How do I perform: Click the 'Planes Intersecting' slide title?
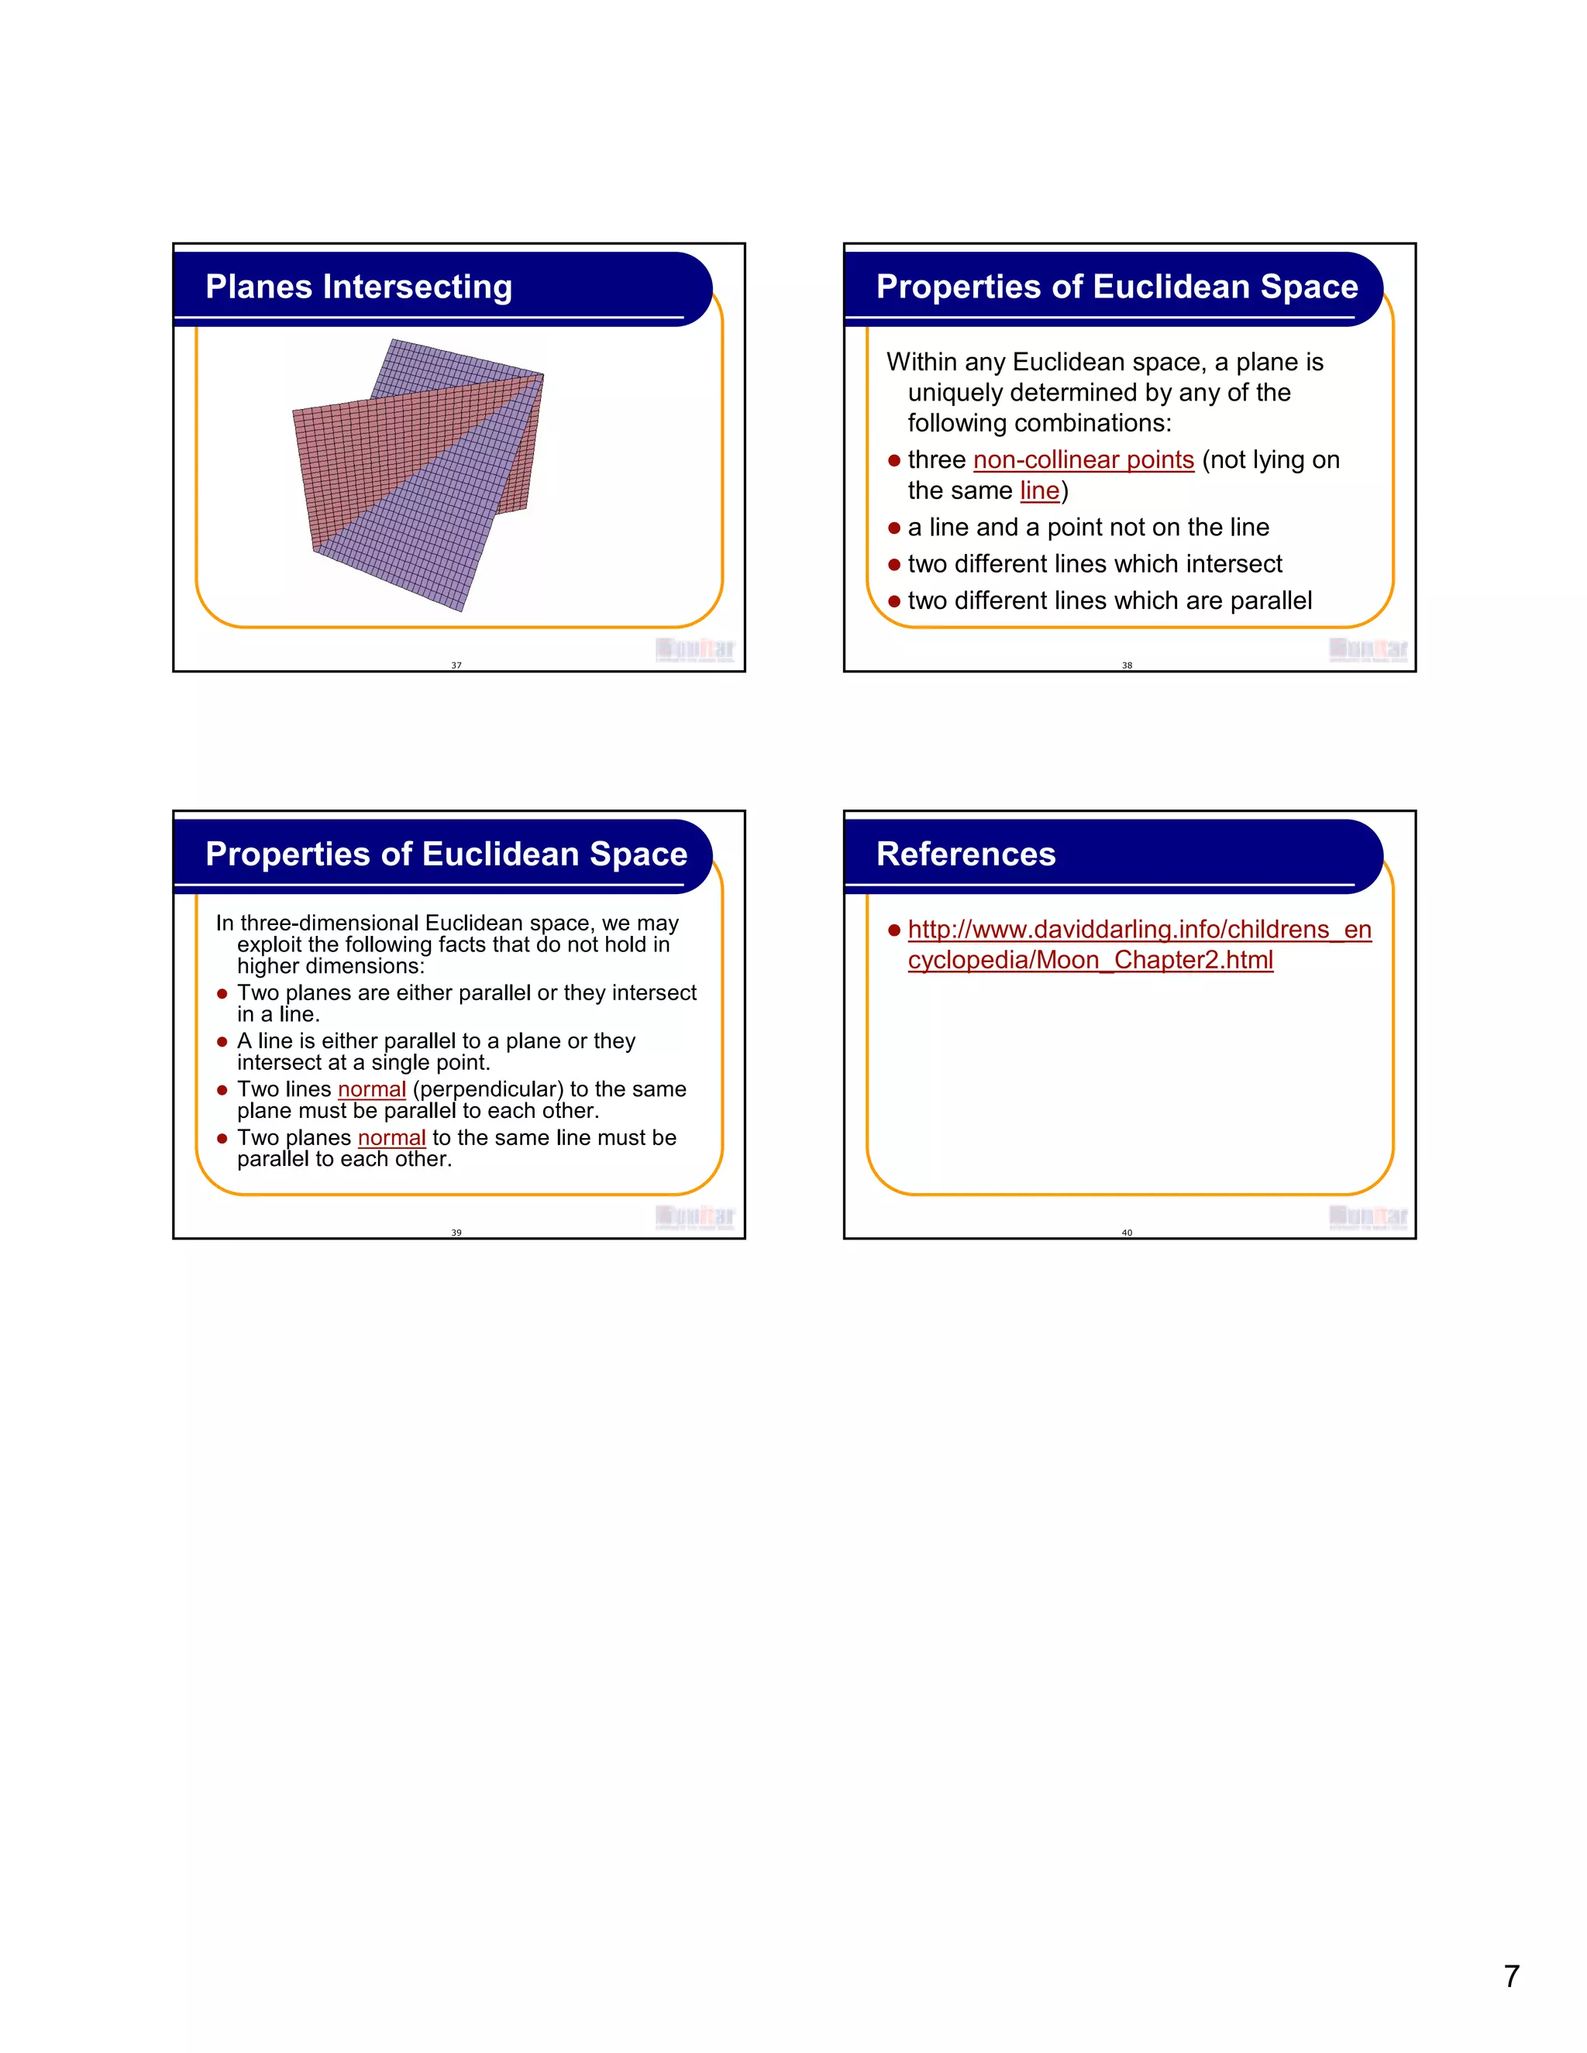point(358,287)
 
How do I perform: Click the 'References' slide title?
point(965,854)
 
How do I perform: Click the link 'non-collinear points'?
point(1083,459)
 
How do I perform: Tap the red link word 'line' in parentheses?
point(1039,490)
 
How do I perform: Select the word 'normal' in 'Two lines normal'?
point(371,1089)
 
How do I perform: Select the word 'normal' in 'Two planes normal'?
point(391,1137)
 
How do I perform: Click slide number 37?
point(456,665)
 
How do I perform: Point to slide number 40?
point(1126,1233)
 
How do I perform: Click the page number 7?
point(1511,1976)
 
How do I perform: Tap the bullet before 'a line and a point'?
point(894,528)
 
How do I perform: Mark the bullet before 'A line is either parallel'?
point(222,1041)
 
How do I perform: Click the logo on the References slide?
point(1367,1216)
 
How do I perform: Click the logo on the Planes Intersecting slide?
point(695,648)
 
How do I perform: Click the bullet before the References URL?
point(894,930)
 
